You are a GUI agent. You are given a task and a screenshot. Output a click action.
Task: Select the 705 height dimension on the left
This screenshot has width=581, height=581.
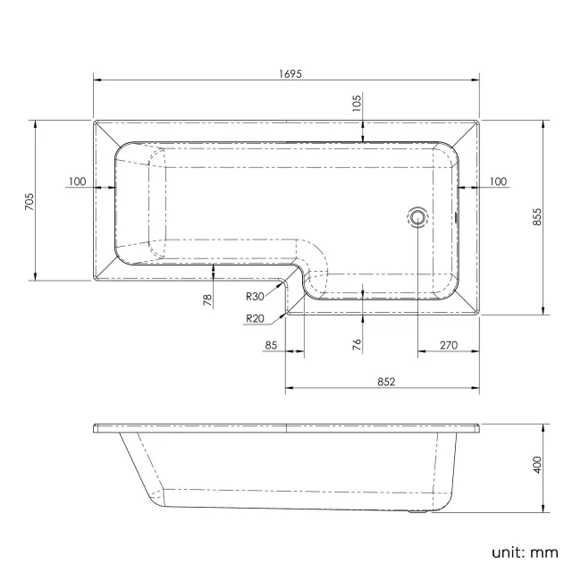click(x=29, y=200)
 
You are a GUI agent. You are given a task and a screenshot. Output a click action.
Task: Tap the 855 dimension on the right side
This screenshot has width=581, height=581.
click(x=537, y=216)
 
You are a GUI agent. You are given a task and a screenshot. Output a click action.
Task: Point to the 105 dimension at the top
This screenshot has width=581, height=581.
click(x=357, y=104)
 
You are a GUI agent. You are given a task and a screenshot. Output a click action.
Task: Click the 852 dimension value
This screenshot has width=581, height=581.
click(x=386, y=381)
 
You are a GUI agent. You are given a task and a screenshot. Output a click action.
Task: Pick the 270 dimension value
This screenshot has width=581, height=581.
click(x=450, y=344)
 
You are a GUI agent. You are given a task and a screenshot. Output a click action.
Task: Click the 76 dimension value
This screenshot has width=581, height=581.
click(x=356, y=344)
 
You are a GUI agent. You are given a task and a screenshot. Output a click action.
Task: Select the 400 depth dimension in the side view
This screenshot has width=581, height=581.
click(x=537, y=466)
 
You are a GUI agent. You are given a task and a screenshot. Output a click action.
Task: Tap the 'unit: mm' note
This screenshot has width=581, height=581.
click(x=525, y=552)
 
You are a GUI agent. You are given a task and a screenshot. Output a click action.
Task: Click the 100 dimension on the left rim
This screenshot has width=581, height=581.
click(x=77, y=181)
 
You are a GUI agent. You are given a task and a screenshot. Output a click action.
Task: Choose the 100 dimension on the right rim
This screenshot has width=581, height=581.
click(x=498, y=181)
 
